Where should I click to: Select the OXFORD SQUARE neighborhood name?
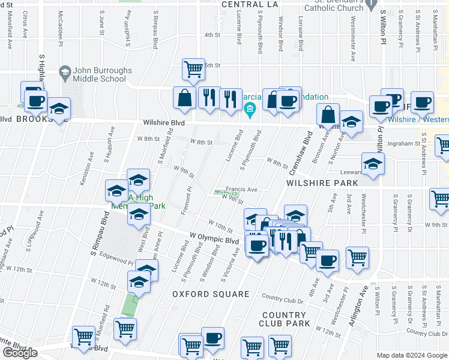[x=211, y=294]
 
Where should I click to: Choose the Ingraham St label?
[x=403, y=144]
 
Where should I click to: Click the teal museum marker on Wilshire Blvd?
[x=250, y=108]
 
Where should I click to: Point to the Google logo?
[x=19, y=353]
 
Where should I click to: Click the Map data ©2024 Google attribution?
[x=412, y=355]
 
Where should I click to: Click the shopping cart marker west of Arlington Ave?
[x=358, y=257]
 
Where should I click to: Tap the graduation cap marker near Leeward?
[x=373, y=163]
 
